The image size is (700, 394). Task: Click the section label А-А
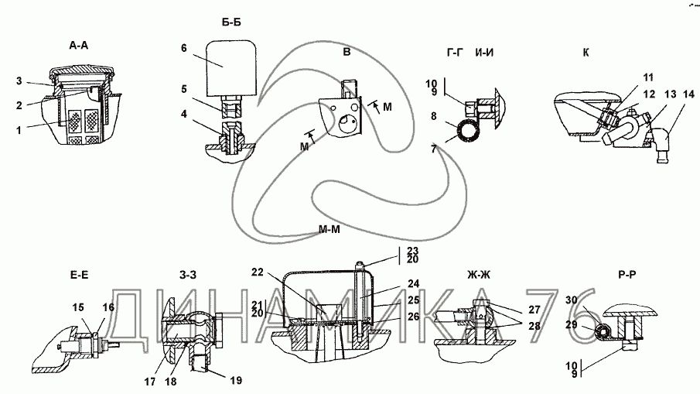79,45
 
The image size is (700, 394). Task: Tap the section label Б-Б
231,22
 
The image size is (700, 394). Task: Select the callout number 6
184,48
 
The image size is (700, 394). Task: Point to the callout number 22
257,272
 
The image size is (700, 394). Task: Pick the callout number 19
236,380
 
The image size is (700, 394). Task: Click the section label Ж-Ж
479,275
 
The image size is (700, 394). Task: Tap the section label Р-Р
627,275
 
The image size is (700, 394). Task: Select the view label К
586,53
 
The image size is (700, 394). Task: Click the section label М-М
329,230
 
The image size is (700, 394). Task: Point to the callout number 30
572,300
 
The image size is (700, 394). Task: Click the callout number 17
150,382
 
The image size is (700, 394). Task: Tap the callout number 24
413,283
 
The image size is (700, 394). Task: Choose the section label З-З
188,275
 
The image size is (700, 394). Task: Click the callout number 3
19,81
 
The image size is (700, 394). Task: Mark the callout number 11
647,77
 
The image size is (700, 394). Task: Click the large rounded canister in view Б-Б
231,68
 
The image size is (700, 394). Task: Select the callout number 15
78,307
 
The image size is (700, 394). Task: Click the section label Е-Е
79,275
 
